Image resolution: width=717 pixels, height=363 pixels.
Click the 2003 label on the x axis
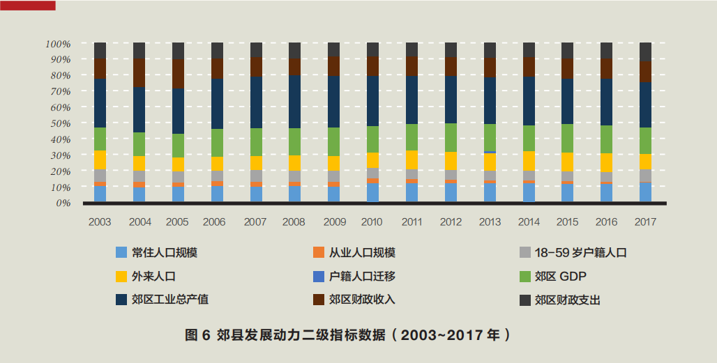tap(100, 222)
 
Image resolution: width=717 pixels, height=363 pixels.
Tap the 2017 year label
tap(645, 222)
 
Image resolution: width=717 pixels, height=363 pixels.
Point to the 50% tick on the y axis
tap(59, 123)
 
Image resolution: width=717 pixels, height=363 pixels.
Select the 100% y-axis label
tap(58, 44)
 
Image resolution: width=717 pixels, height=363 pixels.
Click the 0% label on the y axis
tap(63, 203)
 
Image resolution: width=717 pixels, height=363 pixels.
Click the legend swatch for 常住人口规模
tap(121, 253)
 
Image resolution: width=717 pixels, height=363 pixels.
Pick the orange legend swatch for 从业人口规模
tap(319, 253)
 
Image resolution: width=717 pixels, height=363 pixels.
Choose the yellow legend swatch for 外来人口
tap(121, 277)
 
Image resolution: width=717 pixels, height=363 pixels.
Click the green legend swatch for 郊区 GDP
tap(525, 277)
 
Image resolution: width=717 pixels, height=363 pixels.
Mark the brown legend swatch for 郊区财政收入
tap(319, 300)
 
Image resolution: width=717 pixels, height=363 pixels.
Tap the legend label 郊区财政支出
tap(568, 300)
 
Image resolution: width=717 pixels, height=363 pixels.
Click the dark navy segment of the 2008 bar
tap(294, 101)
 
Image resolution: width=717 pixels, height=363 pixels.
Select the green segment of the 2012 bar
tap(451, 137)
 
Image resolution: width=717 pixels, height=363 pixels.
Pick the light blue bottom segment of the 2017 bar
tap(645, 192)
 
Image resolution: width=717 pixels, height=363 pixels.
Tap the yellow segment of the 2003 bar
tap(100, 160)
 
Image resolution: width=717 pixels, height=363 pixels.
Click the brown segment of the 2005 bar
tap(178, 74)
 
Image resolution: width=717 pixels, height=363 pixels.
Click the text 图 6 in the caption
tap(197, 335)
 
